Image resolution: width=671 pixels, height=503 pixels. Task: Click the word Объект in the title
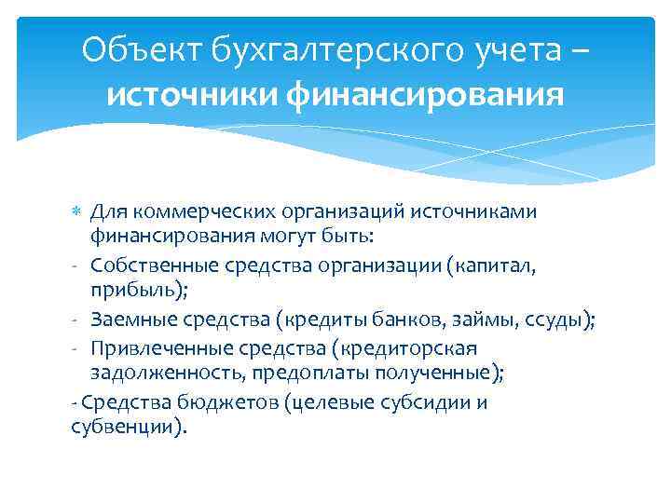(133, 50)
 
